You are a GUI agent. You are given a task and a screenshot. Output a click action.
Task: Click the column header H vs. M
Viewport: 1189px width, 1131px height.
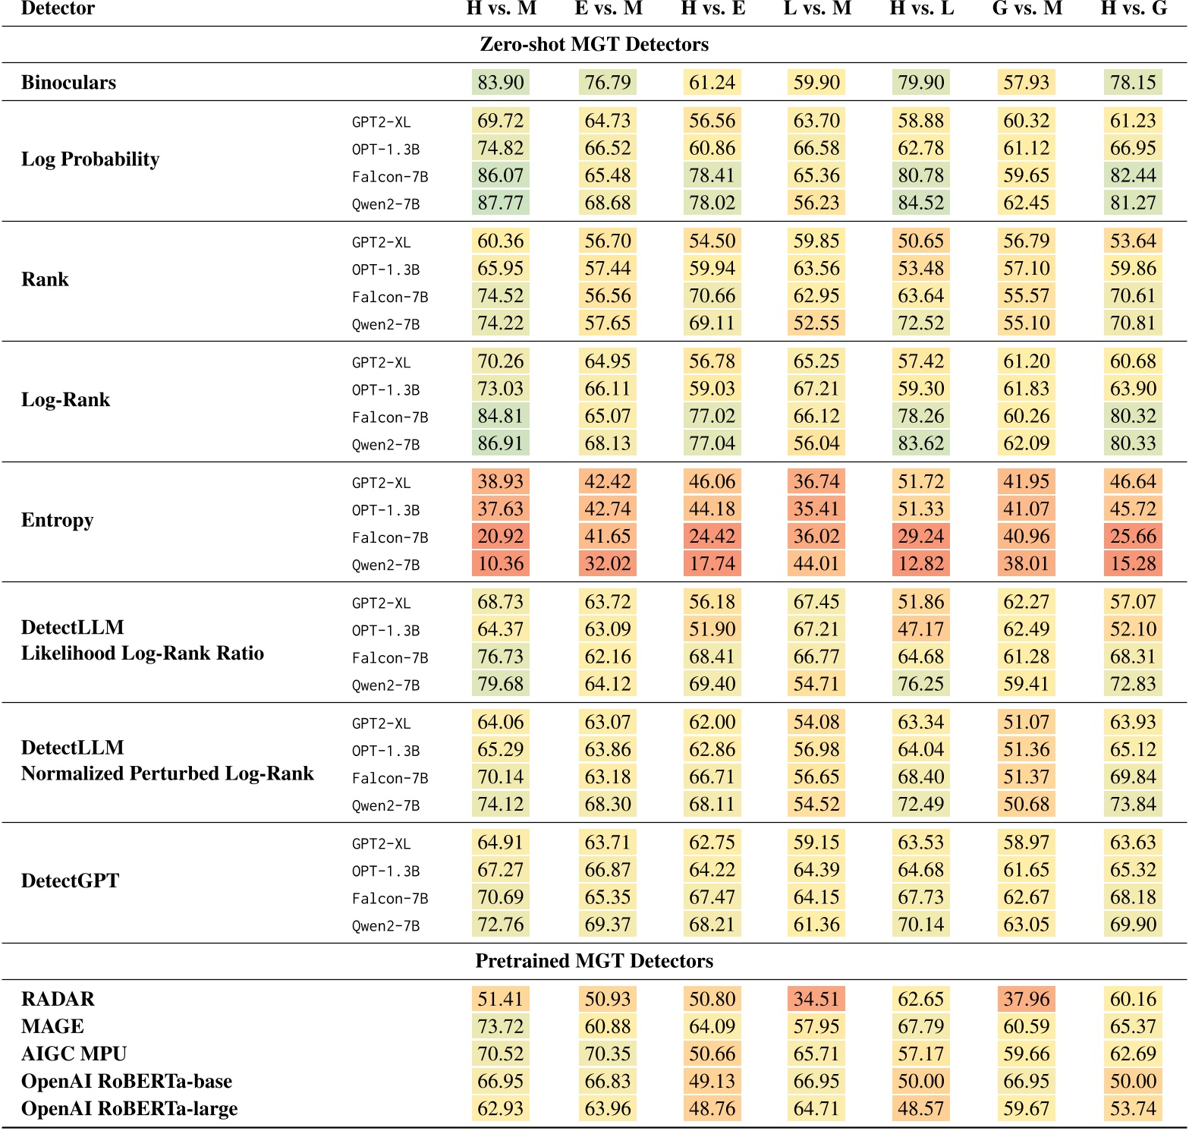[501, 8]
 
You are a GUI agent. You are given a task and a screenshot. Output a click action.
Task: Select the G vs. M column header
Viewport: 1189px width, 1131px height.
[1027, 8]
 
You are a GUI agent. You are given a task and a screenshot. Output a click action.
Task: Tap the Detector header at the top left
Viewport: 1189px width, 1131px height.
[58, 8]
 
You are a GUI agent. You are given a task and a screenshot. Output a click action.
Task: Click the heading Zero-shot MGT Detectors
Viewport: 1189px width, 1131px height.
[594, 44]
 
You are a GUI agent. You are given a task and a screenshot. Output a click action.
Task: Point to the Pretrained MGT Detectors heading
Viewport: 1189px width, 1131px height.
[594, 961]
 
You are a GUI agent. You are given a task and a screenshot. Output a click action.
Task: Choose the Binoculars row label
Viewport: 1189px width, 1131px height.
[68, 82]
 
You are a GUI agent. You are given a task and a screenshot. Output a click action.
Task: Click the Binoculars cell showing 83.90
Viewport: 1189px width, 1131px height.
[501, 82]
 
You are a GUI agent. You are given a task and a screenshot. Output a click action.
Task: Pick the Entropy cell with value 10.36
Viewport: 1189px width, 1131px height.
[501, 564]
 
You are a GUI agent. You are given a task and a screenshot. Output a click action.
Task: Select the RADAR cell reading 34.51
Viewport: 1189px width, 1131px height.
[816, 999]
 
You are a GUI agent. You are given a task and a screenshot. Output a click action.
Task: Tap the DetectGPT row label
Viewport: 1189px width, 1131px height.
[70, 881]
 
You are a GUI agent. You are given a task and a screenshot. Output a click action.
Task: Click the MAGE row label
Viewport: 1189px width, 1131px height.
[52, 1026]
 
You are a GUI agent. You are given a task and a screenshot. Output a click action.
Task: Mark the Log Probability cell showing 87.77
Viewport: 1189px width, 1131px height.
[501, 203]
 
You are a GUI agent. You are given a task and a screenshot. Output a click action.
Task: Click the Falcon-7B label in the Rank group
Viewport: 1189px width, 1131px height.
[390, 297]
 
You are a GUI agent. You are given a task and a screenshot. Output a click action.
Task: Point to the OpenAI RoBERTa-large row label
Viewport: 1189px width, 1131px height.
[129, 1108]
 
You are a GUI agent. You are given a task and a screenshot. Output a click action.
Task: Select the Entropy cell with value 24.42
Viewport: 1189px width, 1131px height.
[712, 537]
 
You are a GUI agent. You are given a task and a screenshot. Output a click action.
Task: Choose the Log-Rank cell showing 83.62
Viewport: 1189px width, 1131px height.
[921, 443]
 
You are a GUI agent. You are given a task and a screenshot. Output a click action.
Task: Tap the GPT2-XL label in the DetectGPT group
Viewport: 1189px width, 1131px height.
[381, 843]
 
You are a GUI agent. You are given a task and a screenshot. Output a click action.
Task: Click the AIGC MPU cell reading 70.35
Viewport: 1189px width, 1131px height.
[608, 1054]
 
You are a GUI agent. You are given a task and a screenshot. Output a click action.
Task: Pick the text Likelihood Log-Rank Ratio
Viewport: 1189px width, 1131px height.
[143, 653]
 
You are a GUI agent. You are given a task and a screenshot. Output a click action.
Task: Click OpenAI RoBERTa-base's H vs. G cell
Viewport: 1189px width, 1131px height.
[1133, 1081]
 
